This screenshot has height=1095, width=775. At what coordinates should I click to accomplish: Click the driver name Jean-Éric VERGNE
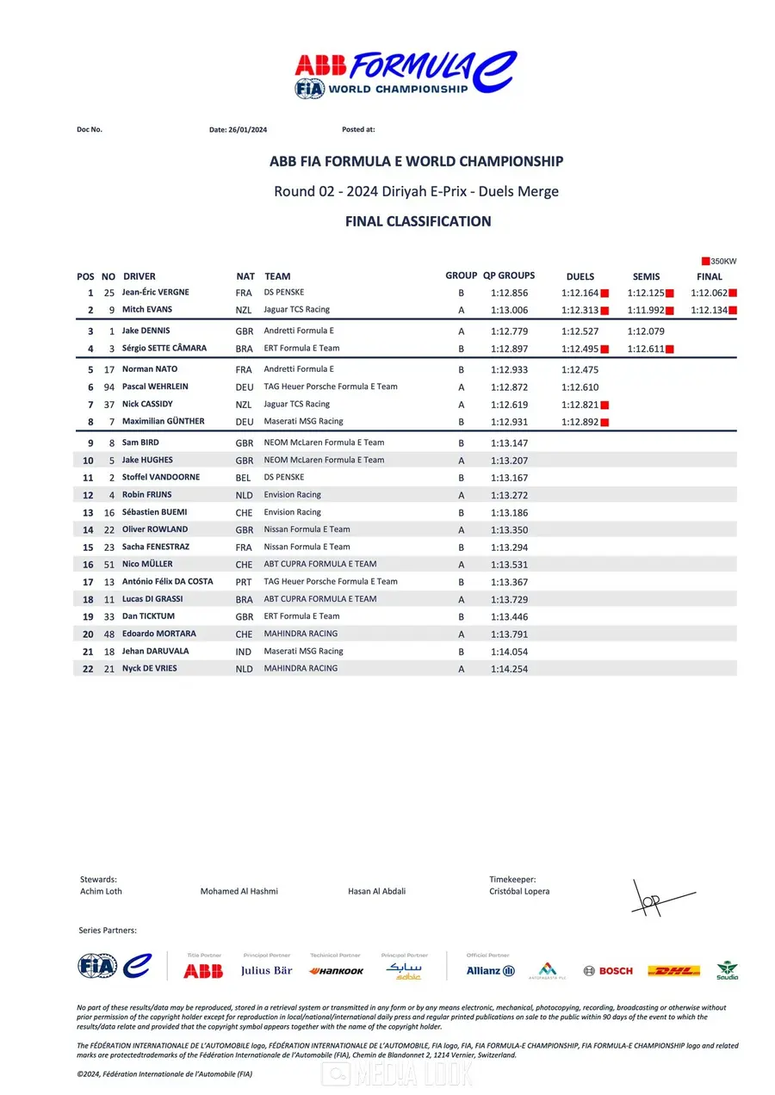[155, 293]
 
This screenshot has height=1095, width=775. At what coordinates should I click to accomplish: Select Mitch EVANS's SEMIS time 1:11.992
[646, 311]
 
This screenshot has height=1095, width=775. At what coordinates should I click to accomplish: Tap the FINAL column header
[710, 277]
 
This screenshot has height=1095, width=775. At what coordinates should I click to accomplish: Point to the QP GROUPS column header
[509, 276]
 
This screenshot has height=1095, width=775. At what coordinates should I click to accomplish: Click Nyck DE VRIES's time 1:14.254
[509, 669]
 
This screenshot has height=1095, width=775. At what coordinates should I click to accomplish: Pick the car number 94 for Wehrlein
[108, 387]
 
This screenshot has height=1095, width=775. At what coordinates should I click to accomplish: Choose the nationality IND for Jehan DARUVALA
[244, 652]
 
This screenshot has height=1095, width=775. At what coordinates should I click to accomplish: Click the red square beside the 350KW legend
[705, 261]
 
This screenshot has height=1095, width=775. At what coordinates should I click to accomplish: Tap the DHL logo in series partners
[673, 971]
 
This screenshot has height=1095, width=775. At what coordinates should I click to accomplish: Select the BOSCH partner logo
[608, 971]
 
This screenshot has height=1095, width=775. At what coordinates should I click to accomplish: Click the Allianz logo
[490, 971]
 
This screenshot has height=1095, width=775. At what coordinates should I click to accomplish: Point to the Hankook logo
[336, 971]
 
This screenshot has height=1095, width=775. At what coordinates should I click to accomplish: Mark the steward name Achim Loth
[101, 892]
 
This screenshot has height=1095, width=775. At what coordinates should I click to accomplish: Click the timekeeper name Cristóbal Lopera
[519, 892]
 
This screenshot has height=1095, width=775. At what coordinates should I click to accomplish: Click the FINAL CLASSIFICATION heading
[418, 221]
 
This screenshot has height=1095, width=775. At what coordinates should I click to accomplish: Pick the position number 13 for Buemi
[88, 513]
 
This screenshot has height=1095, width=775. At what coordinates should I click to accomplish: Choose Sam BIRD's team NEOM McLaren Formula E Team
[324, 442]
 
